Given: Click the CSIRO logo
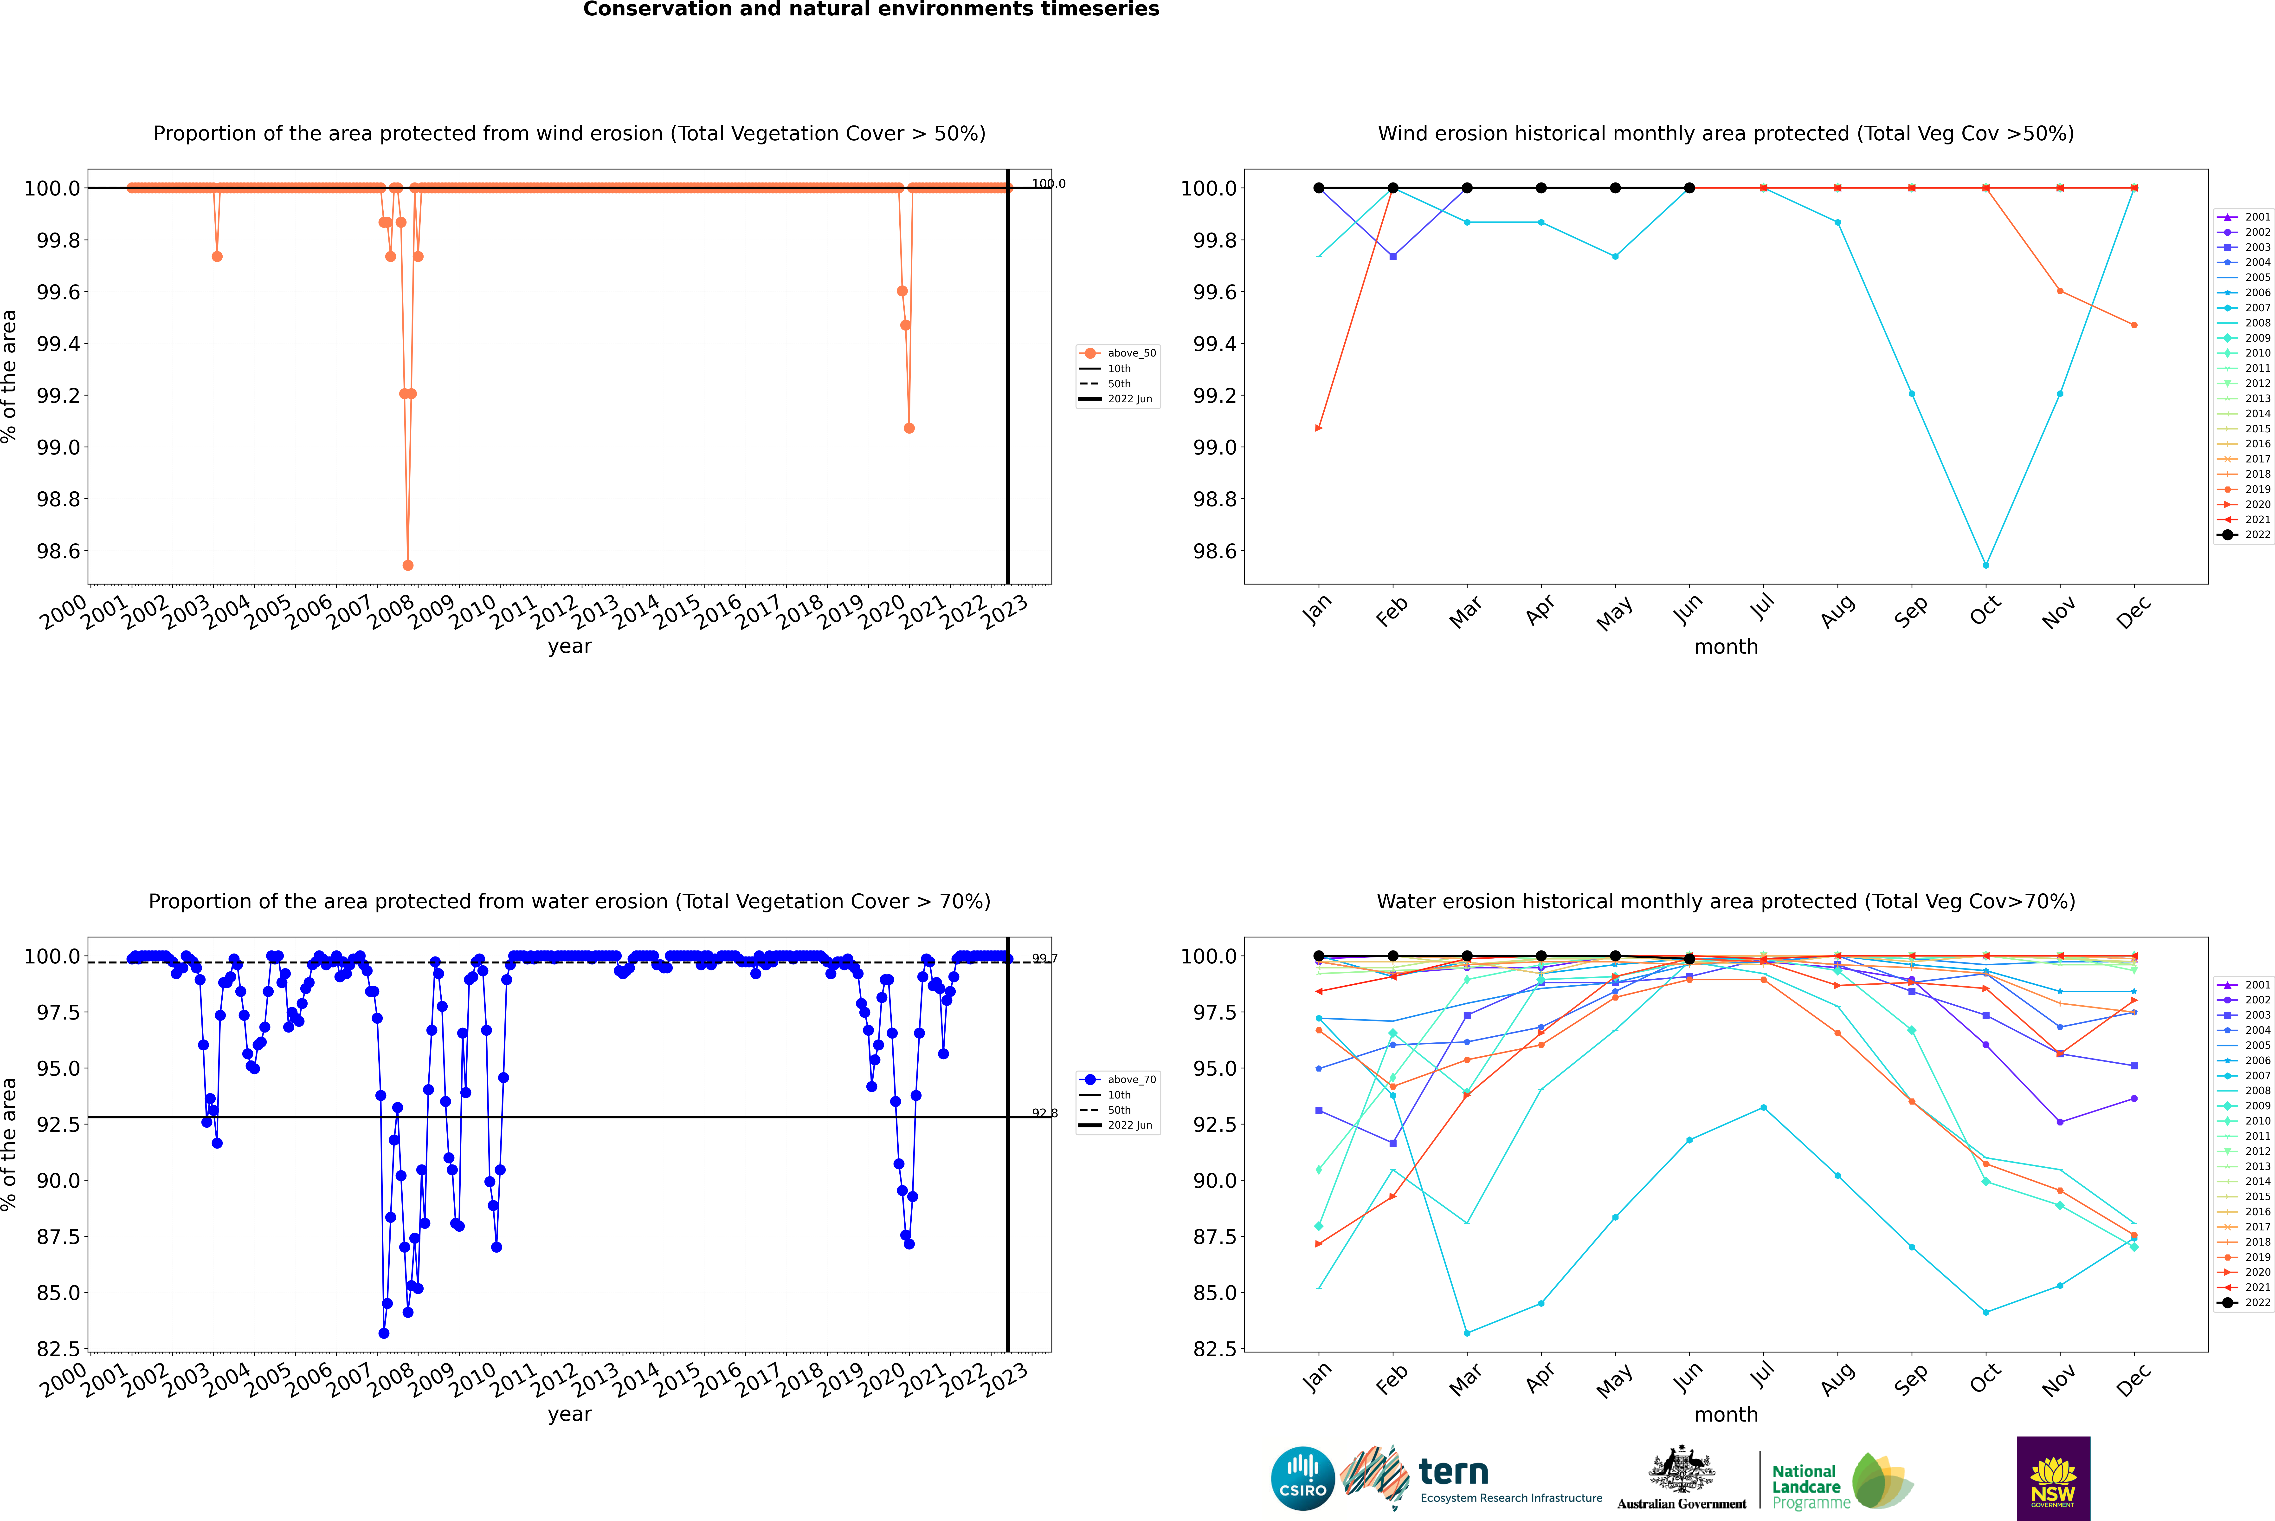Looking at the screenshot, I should point(1302,1478).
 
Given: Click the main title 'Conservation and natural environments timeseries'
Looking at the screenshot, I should point(871,10).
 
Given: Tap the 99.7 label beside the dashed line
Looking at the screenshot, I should point(1044,958).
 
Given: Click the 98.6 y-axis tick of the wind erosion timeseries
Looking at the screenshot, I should point(58,551).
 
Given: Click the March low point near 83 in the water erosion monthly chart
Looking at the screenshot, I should point(1466,1333).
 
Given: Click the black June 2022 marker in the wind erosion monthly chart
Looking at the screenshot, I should point(1689,188).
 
